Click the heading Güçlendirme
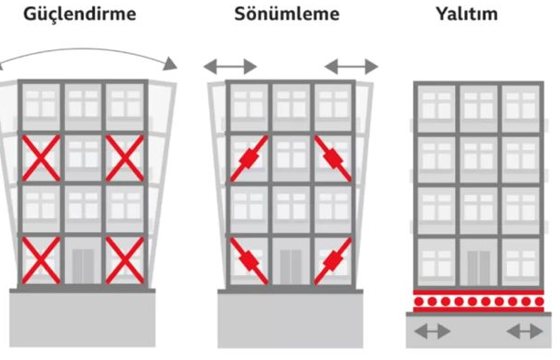coord(79,15)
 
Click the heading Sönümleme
coord(287,15)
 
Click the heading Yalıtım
coord(467,15)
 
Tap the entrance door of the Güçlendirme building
coord(83,266)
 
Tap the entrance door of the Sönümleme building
coord(291,267)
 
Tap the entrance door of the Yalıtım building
coord(478,268)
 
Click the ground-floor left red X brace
coord(41,260)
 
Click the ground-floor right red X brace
coord(124,260)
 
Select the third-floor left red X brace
coord(41,158)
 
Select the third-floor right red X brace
coord(124,158)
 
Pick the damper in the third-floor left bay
coord(248,158)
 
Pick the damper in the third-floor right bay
coord(333,158)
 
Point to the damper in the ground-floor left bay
coord(248,261)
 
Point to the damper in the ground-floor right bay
coord(333,261)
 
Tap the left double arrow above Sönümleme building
coord(230,67)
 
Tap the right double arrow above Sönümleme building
coord(352,67)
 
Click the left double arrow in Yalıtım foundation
coord(432,332)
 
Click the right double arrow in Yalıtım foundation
coord(524,332)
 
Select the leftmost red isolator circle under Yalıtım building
coord(419,302)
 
